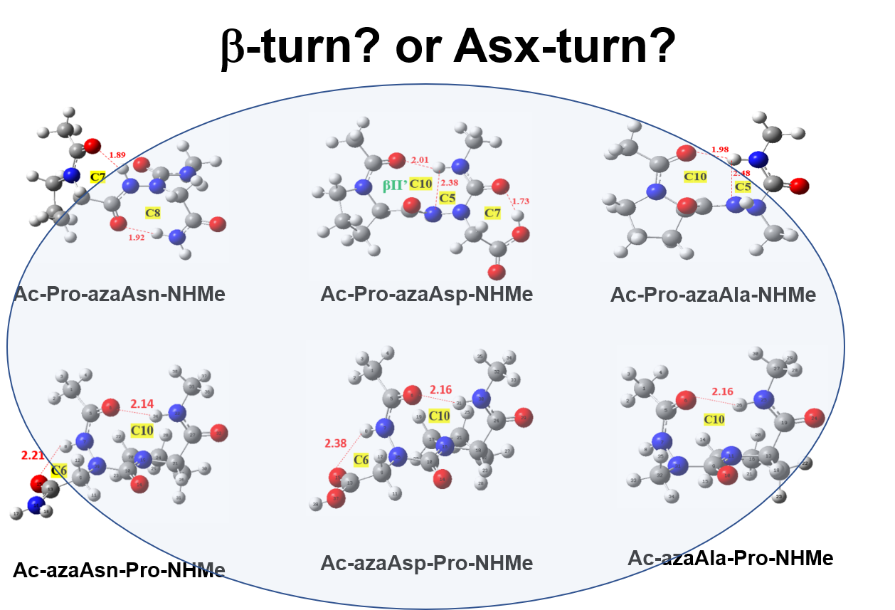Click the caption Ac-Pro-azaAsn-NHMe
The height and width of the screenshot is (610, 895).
[120, 294]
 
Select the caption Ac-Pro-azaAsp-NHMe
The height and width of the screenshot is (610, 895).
[426, 294]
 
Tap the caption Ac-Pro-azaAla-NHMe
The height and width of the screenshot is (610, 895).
[713, 295]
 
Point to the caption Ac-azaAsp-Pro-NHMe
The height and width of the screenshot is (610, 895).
[426, 564]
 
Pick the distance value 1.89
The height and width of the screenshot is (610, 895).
[117, 155]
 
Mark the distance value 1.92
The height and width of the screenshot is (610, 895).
[137, 238]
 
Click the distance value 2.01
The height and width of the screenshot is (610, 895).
[420, 159]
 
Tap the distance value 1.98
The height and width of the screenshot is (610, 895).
[719, 149]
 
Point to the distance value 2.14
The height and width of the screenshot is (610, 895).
[142, 404]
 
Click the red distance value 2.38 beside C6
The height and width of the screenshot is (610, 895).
[336, 443]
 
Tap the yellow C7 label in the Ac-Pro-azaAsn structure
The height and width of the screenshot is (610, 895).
[98, 177]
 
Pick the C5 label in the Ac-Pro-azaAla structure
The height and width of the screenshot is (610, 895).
[743, 186]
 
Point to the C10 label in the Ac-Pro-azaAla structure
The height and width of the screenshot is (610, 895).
[695, 175]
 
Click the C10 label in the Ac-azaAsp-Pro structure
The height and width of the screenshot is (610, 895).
[439, 416]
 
